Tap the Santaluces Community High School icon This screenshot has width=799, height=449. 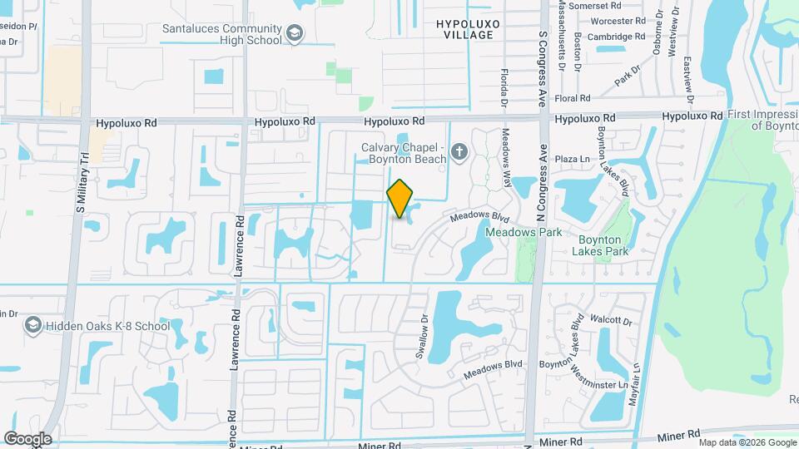point(293,33)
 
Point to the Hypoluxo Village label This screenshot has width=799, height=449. point(469,30)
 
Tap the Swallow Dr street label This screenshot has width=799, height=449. point(422,336)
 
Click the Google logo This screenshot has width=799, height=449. point(27,439)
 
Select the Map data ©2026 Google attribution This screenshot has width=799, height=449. point(747,442)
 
